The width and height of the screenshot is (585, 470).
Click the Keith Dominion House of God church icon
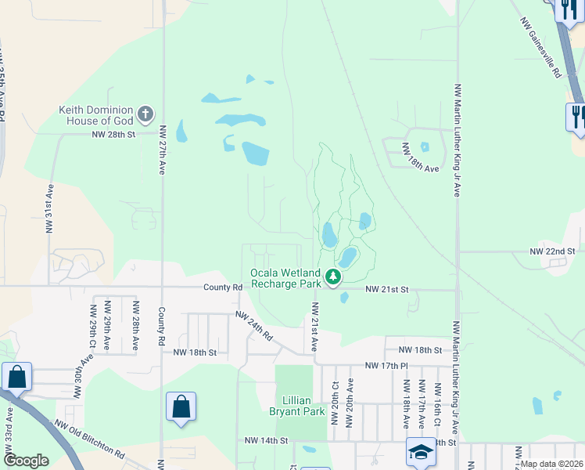[x=145, y=115]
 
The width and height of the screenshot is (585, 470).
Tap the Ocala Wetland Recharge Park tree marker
[x=333, y=277]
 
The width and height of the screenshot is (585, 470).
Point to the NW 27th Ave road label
[x=163, y=150]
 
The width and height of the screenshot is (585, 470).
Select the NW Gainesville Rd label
[x=540, y=48]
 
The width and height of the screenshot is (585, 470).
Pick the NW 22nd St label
[x=552, y=251]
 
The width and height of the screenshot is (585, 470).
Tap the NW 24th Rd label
[x=255, y=325]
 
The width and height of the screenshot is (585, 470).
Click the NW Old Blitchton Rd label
[x=89, y=440]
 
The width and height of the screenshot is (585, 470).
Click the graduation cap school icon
[x=421, y=451]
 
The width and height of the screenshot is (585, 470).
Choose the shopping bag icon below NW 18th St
[x=181, y=407]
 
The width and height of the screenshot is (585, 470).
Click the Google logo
[x=26, y=461]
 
